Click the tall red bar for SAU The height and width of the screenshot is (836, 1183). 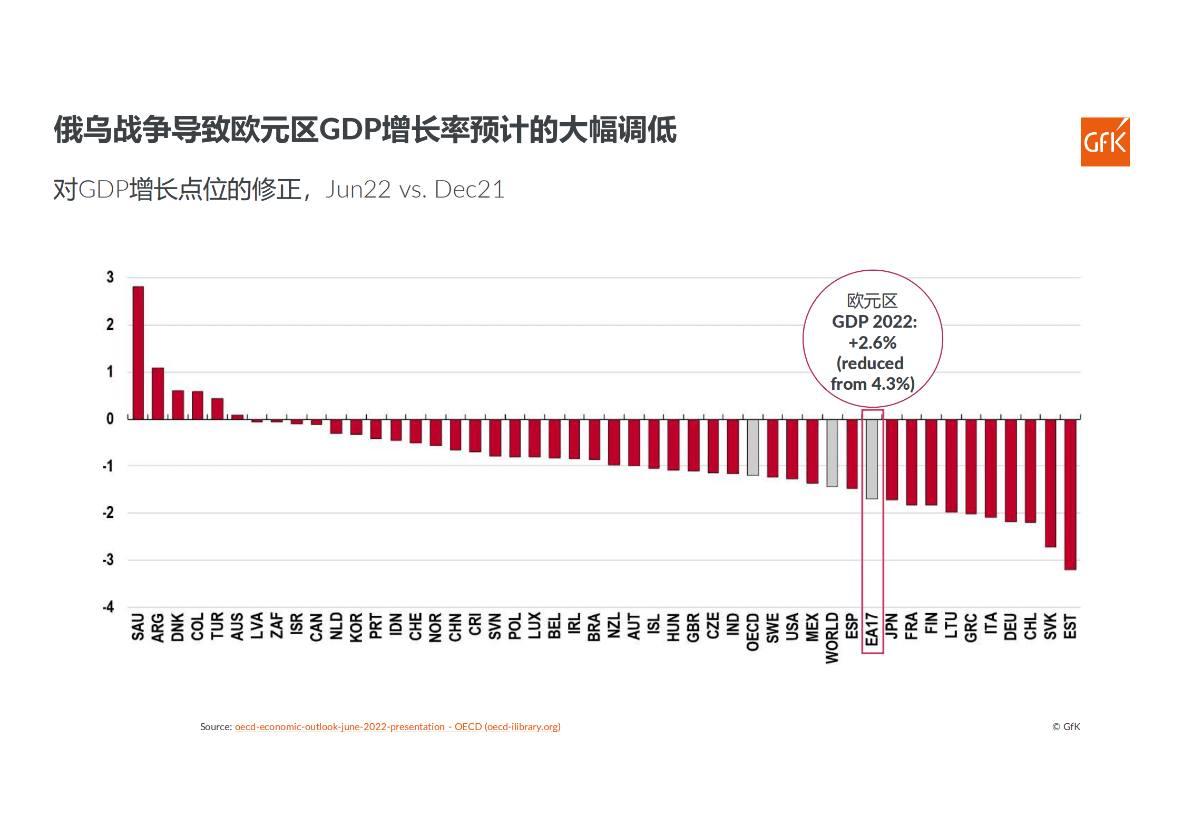click(138, 353)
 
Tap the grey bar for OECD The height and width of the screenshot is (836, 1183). click(753, 447)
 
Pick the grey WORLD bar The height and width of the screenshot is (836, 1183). click(832, 453)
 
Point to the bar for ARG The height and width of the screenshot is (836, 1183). click(158, 393)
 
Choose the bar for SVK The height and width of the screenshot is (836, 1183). click(1050, 483)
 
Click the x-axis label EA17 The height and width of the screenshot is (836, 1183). click(872, 629)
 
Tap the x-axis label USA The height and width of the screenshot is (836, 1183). click(792, 627)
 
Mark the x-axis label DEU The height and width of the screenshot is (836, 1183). click(1010, 627)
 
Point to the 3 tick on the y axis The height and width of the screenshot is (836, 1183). click(110, 277)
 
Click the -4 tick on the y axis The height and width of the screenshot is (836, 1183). click(109, 607)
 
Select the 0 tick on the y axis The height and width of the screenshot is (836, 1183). click(110, 419)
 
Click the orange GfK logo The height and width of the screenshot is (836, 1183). click(1104, 142)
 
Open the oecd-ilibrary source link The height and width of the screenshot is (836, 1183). click(397, 726)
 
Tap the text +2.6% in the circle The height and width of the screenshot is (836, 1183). click(872, 343)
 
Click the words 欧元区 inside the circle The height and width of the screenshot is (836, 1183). click(872, 301)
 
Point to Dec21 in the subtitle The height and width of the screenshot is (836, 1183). click(469, 190)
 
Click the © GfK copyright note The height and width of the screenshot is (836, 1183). click(1066, 726)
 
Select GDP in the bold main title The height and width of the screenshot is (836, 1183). click(350, 130)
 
